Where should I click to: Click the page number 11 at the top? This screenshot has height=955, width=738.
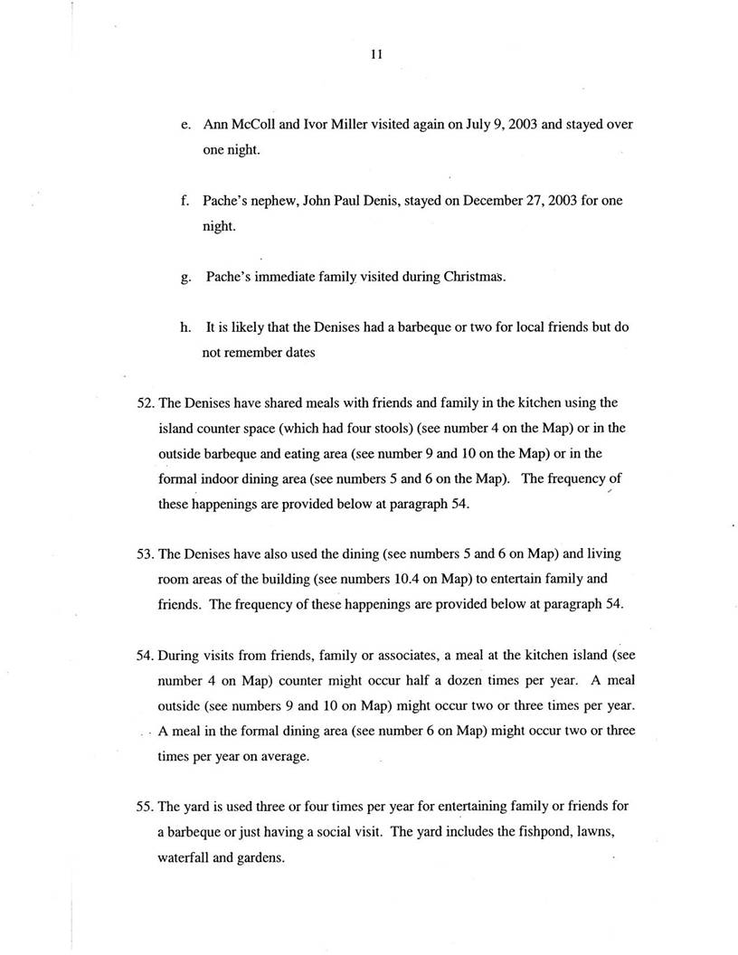tap(377, 54)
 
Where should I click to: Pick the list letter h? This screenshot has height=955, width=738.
tap(185, 327)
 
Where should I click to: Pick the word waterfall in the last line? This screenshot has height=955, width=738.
tap(184, 856)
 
